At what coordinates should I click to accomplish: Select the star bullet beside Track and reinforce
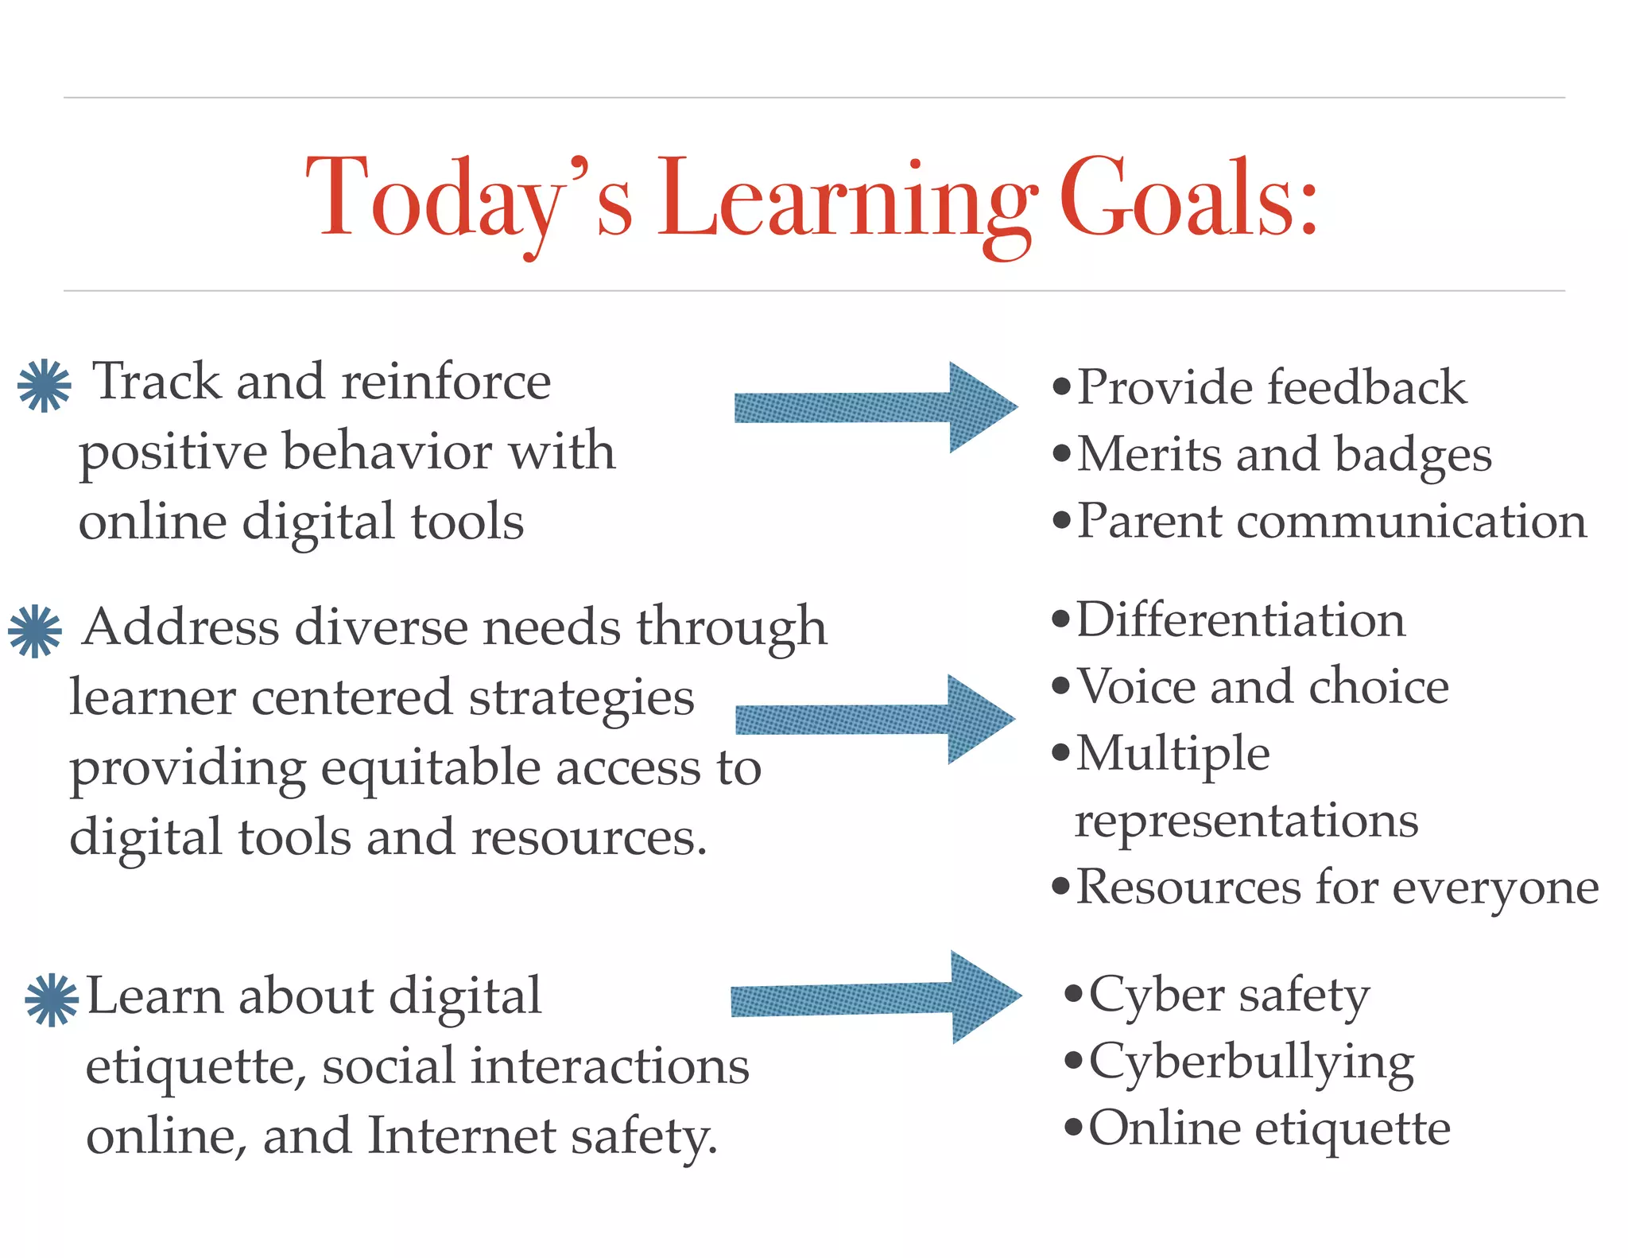click(x=45, y=386)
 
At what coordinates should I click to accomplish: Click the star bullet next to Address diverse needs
click(x=35, y=631)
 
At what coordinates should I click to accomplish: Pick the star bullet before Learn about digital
click(x=52, y=1000)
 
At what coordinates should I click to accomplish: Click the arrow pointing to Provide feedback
click(x=874, y=407)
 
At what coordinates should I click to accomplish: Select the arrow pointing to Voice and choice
click(x=874, y=719)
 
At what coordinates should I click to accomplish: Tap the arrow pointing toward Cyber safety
click(x=874, y=997)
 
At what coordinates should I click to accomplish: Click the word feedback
click(x=1366, y=387)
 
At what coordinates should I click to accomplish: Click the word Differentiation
click(x=1241, y=619)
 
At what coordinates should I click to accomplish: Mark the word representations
click(x=1246, y=821)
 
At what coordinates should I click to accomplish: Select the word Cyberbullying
click(x=1251, y=1063)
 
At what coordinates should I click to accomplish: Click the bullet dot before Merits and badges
click(x=1061, y=455)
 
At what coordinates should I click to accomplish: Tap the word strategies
click(x=581, y=699)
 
